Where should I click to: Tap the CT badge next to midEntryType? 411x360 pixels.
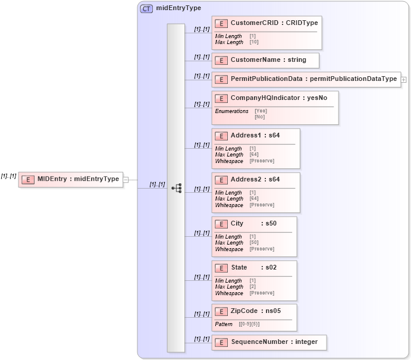point(146,8)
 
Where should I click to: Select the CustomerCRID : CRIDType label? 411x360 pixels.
point(274,23)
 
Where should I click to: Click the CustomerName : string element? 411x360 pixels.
point(268,60)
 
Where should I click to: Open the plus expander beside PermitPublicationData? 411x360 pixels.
point(403,79)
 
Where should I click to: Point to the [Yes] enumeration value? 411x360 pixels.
point(261,111)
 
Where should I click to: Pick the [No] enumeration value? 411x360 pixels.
point(259,117)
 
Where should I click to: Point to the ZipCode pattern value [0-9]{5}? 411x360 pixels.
point(249,324)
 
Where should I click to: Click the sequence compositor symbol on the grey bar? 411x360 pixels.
point(176,188)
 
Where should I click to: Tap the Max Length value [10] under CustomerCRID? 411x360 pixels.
point(254,42)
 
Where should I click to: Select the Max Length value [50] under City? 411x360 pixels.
point(253,243)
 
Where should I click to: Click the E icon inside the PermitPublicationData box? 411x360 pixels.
point(221,79)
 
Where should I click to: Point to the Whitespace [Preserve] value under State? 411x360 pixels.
point(262,293)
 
